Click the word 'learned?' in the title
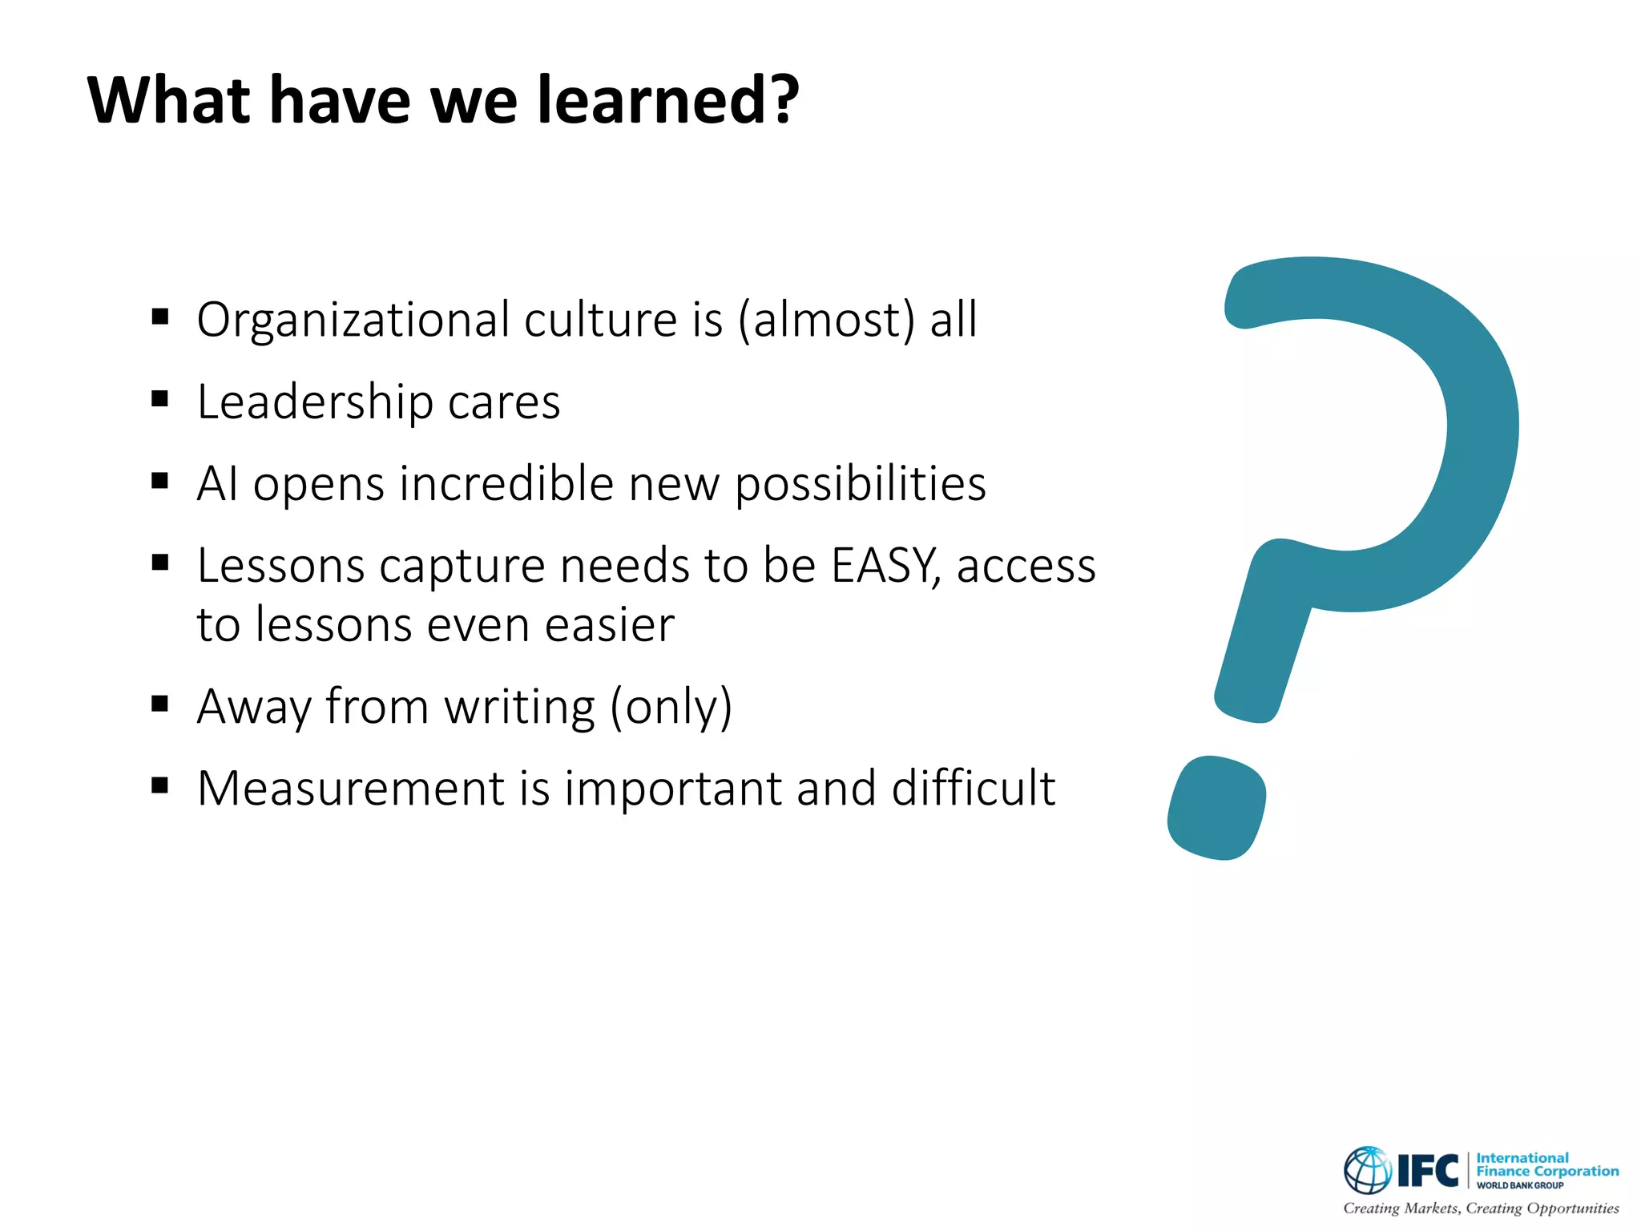click(667, 100)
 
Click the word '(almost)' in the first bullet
click(826, 321)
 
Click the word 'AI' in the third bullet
click(217, 484)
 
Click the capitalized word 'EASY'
click(884, 566)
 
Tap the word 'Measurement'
click(351, 789)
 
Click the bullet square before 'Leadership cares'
click(160, 398)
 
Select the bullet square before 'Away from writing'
click(160, 704)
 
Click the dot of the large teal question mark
click(1216, 808)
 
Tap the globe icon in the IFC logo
click(1367, 1170)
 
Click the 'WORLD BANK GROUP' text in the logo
click(1520, 1185)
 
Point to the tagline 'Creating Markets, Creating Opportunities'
click(1481, 1208)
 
